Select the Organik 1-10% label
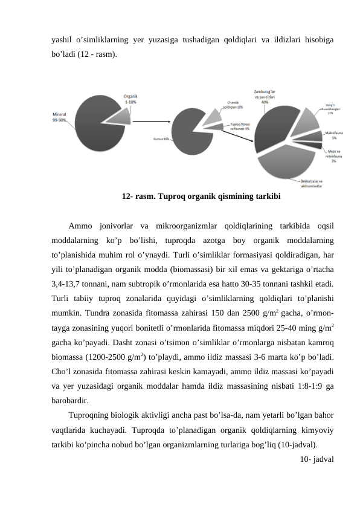[131, 100]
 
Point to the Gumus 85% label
[161, 140]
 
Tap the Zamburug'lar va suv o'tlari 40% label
[265, 95]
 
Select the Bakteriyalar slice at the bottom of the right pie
[284, 163]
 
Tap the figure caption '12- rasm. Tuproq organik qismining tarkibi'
[201, 196]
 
